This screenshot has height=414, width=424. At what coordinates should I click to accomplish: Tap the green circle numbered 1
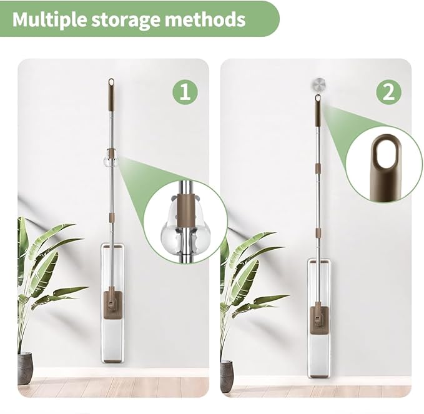pyautogui.click(x=185, y=92)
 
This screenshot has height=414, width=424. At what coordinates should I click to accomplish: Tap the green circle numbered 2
pyautogui.click(x=389, y=92)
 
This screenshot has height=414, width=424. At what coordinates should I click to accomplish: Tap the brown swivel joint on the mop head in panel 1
pyautogui.click(x=111, y=303)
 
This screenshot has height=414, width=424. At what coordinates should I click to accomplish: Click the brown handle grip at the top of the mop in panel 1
pyautogui.click(x=111, y=95)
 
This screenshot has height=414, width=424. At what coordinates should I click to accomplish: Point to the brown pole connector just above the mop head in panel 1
pyautogui.click(x=111, y=217)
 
